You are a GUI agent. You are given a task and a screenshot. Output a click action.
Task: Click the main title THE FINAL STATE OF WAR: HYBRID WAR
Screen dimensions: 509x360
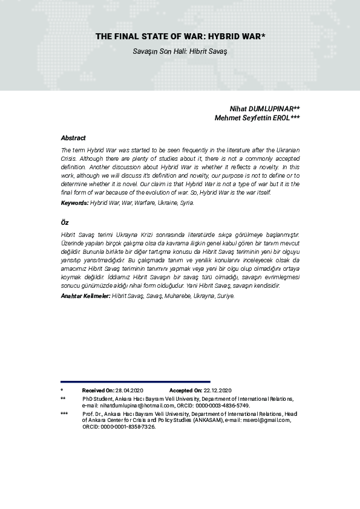(180, 37)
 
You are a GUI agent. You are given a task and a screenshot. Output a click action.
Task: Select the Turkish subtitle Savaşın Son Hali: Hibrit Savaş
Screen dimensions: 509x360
(180, 51)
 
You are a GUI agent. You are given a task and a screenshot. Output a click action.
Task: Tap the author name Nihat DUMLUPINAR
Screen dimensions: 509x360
(264, 108)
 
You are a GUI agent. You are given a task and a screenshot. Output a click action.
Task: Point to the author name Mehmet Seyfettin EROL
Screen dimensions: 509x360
(257, 118)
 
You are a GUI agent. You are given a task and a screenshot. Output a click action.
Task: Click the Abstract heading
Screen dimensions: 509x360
(73, 138)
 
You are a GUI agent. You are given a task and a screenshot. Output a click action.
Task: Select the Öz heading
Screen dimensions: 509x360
(65, 223)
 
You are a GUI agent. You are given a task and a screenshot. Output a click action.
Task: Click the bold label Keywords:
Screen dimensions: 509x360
(75, 203)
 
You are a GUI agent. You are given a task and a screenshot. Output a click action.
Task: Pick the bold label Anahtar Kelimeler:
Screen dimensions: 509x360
(85, 296)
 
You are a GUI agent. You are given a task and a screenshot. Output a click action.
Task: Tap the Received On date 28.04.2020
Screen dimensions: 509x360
(129, 391)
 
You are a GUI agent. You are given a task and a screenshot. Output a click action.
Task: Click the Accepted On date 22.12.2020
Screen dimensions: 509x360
(217, 391)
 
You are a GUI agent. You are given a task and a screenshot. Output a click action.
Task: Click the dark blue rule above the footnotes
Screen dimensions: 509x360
(136, 381)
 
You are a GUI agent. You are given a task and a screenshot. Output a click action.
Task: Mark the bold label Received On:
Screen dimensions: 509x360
(98, 391)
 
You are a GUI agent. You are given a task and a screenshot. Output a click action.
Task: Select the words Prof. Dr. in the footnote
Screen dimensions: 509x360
(93, 413)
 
